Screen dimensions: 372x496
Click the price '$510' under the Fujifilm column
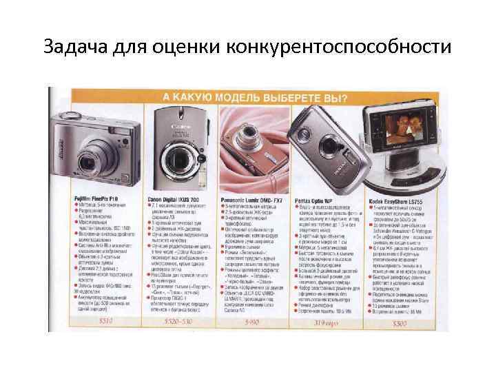tap(105, 321)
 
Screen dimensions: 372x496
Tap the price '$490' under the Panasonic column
tap(251, 321)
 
